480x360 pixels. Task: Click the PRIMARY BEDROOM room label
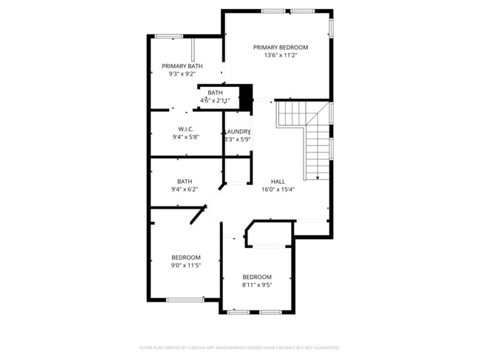[x=280, y=47]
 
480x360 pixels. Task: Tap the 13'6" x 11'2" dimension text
[x=280, y=55]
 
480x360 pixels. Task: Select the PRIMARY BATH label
[x=182, y=66]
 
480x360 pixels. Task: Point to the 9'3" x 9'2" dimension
[x=182, y=74]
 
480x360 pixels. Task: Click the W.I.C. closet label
[x=185, y=129]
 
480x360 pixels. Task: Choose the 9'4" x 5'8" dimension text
[x=185, y=136]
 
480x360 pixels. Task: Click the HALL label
[x=278, y=181]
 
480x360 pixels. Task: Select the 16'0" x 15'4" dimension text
[x=278, y=190]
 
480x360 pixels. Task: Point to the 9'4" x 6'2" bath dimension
[x=185, y=189]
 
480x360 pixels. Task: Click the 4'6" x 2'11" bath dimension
[x=215, y=100]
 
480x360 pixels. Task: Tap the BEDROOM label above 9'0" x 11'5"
[x=186, y=257]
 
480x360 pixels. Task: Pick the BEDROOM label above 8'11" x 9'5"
[x=257, y=277]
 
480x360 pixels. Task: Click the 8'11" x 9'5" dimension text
[x=257, y=285]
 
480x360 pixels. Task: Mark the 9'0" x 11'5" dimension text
[x=186, y=266]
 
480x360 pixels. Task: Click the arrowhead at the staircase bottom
[x=317, y=177]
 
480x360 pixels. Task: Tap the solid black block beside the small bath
[x=247, y=94]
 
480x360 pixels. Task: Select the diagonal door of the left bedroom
[x=196, y=215]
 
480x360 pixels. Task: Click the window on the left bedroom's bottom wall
[x=185, y=300]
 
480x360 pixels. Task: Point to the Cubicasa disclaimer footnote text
[x=239, y=347]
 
